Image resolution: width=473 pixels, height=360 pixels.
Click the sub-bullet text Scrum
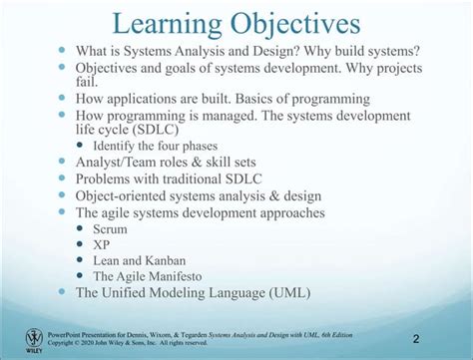click(110, 228)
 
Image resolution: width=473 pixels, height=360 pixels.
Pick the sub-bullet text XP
click(102, 244)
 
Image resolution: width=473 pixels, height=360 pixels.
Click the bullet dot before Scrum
click(83, 227)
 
